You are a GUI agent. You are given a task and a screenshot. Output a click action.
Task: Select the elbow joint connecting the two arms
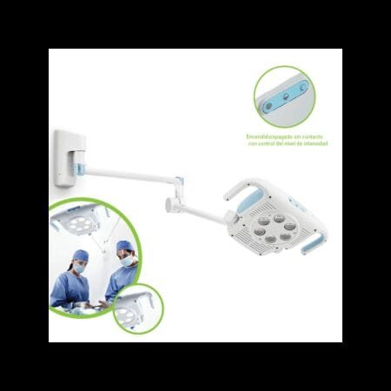pyautogui.click(x=180, y=185)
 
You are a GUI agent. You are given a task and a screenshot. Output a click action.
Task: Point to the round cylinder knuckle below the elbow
pyautogui.click(x=171, y=205)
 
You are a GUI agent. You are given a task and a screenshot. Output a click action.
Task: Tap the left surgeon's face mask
pyautogui.click(x=80, y=269)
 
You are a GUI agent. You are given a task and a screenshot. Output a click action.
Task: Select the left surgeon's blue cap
pyautogui.click(x=81, y=255)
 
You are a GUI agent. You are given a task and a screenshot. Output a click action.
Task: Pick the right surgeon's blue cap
pyautogui.click(x=124, y=247)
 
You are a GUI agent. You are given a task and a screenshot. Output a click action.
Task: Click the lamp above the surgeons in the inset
pyautogui.click(x=78, y=219)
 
